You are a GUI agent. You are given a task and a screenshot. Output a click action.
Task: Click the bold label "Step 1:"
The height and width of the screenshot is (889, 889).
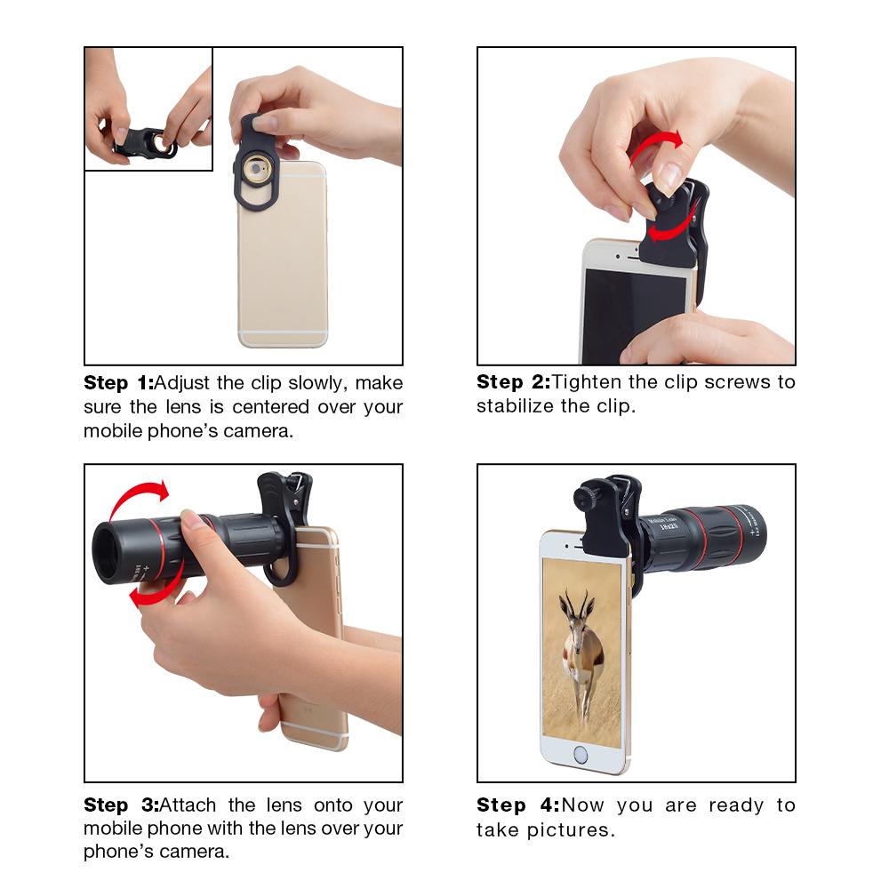click(x=118, y=383)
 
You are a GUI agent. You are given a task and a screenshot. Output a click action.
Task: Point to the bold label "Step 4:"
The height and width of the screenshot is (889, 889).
click(x=517, y=805)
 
